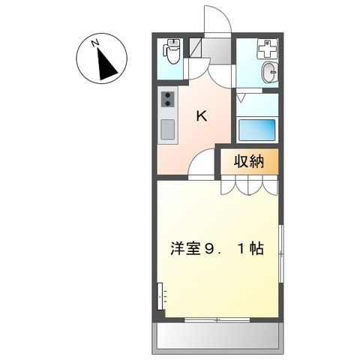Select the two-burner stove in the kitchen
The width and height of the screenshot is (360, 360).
(x=167, y=100)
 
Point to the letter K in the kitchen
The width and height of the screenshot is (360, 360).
(x=202, y=115)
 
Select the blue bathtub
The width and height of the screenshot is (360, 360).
(x=256, y=130)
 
